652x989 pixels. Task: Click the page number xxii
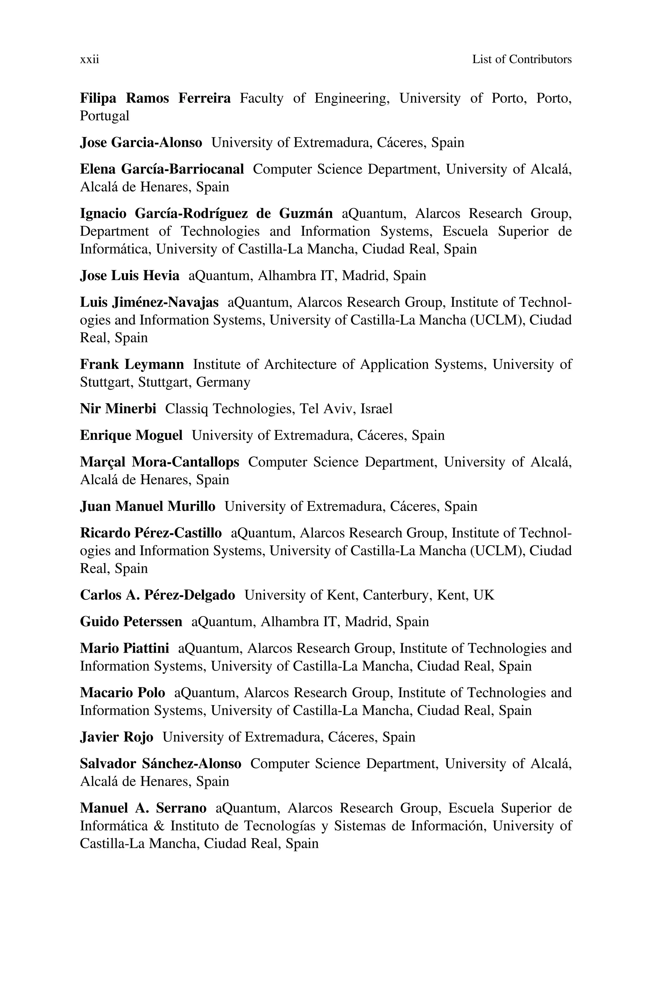click(89, 60)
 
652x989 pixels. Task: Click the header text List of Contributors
click(521, 60)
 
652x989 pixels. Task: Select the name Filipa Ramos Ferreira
click(155, 98)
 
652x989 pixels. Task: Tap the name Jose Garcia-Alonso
click(141, 143)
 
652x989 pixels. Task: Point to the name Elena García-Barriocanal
click(162, 169)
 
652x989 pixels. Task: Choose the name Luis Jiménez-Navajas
click(149, 302)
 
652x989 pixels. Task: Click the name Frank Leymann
click(132, 364)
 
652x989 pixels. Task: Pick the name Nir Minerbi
click(118, 409)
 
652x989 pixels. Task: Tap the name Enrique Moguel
click(131, 435)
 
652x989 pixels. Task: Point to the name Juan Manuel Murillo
click(148, 506)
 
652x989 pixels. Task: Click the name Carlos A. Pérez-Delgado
click(157, 595)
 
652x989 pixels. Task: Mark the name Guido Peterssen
click(131, 622)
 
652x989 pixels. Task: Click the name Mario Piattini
click(124, 649)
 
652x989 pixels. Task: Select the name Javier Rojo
click(117, 737)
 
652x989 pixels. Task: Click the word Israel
click(376, 409)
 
